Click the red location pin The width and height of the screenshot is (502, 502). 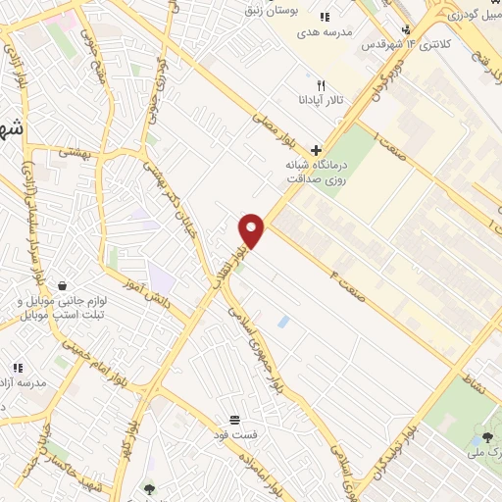253,230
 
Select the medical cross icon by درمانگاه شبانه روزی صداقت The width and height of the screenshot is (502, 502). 315,149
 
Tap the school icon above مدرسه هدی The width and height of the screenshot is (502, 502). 326,16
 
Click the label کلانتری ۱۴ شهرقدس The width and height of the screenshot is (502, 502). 402,45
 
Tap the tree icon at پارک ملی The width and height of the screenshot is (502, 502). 487,436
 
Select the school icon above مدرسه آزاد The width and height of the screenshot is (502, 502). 17,367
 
